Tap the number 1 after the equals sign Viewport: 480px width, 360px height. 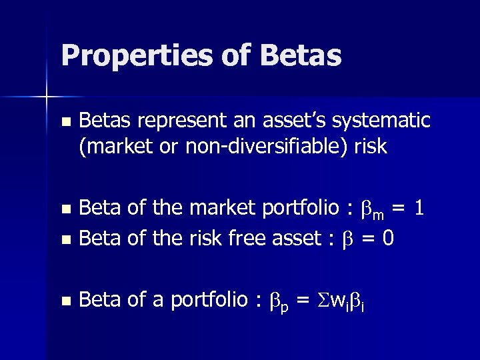418,208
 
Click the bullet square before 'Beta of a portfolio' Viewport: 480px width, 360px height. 64,301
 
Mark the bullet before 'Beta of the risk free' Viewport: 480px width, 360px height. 64,239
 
